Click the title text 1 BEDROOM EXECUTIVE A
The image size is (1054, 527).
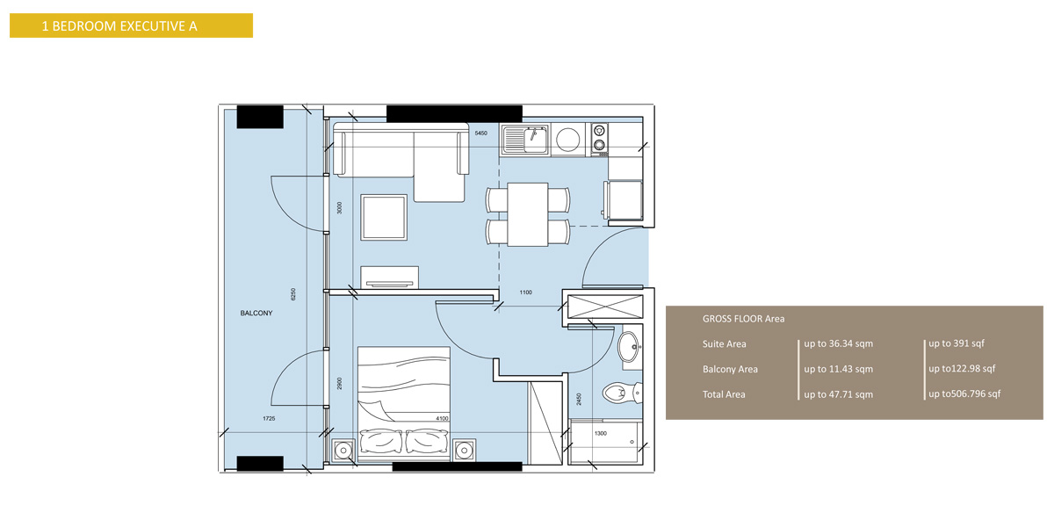click(119, 26)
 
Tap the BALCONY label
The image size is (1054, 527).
click(256, 313)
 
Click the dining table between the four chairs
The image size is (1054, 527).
click(528, 214)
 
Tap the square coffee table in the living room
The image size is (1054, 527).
click(385, 217)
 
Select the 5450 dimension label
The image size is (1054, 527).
click(480, 133)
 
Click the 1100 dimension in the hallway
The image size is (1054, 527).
click(526, 292)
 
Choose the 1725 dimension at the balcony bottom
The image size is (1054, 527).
click(269, 419)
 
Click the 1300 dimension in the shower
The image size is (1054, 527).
click(601, 433)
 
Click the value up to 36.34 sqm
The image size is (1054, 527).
click(838, 343)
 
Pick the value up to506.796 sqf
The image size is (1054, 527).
click(964, 394)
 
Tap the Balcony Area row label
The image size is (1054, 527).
click(730, 369)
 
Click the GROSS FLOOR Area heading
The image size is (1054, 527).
click(743, 319)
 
